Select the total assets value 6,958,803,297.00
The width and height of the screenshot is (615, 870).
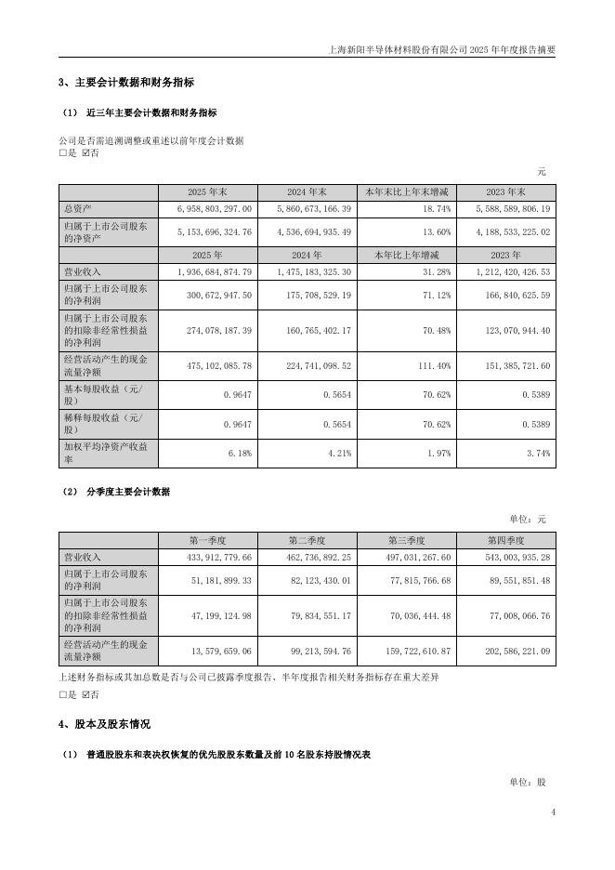(213, 210)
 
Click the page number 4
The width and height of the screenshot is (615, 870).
(552, 812)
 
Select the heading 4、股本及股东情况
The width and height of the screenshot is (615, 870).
(104, 723)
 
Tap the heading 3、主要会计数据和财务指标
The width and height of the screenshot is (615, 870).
(126, 83)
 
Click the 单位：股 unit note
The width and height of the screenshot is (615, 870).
(527, 782)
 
